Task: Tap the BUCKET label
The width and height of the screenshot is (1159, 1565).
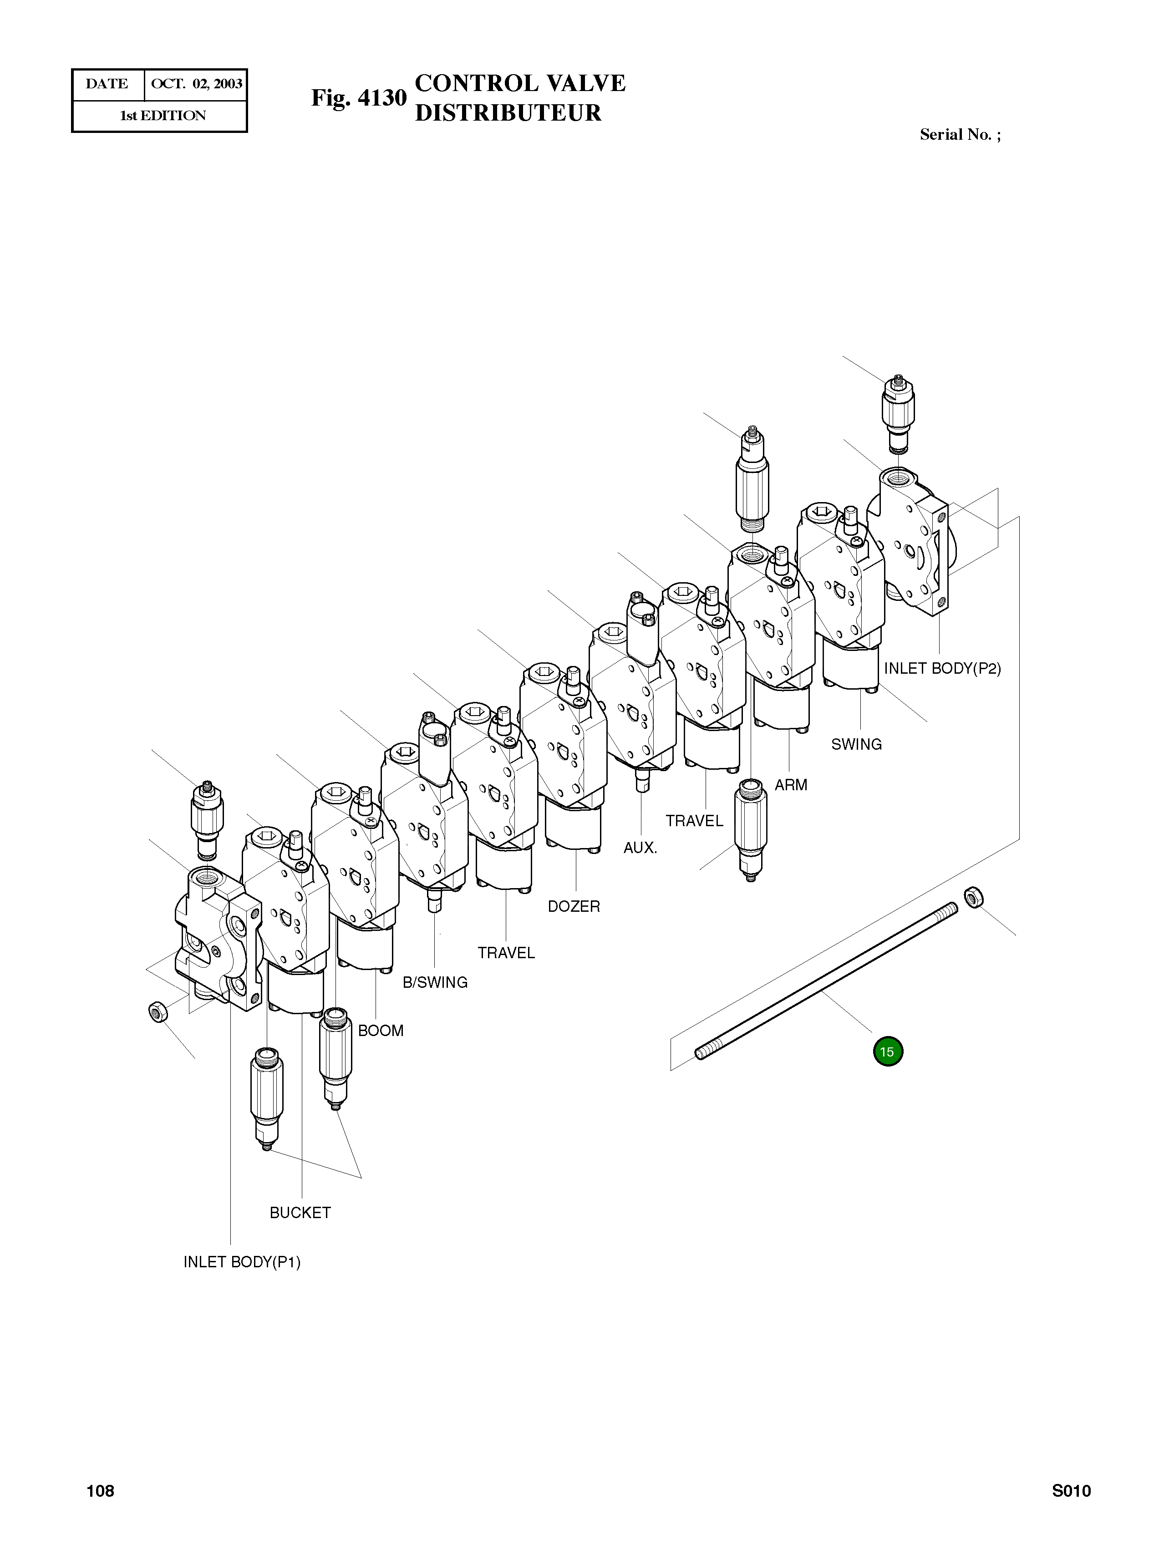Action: tap(300, 1213)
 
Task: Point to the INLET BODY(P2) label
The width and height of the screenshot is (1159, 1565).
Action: tap(942, 669)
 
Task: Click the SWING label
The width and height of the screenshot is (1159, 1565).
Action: tap(857, 744)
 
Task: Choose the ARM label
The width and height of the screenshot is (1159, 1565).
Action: tap(791, 785)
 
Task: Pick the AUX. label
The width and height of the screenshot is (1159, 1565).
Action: tap(640, 848)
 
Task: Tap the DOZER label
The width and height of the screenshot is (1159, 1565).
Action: tap(574, 906)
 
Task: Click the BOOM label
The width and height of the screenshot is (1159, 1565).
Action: tap(381, 1031)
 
